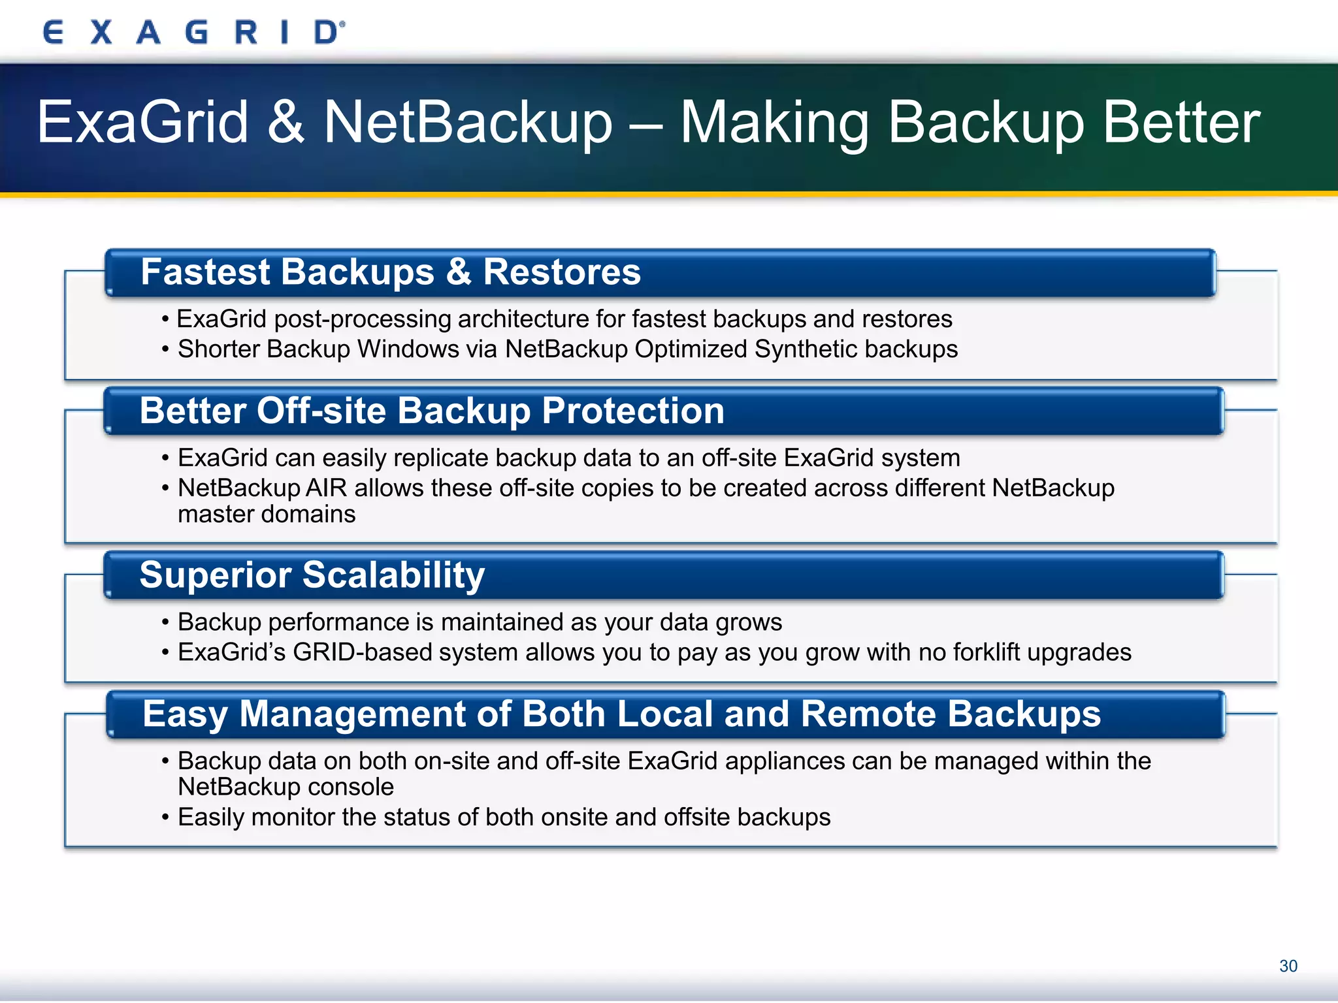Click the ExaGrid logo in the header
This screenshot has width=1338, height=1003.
193,32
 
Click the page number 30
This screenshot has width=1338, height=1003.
1288,966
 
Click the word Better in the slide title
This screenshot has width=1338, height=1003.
1181,122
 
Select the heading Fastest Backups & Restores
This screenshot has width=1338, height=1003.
391,272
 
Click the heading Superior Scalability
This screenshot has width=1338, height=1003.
312,575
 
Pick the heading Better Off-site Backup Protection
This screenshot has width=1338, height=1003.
432,411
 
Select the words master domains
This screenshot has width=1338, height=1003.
267,515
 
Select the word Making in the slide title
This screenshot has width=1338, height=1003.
775,122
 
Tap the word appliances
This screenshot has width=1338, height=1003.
776,761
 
